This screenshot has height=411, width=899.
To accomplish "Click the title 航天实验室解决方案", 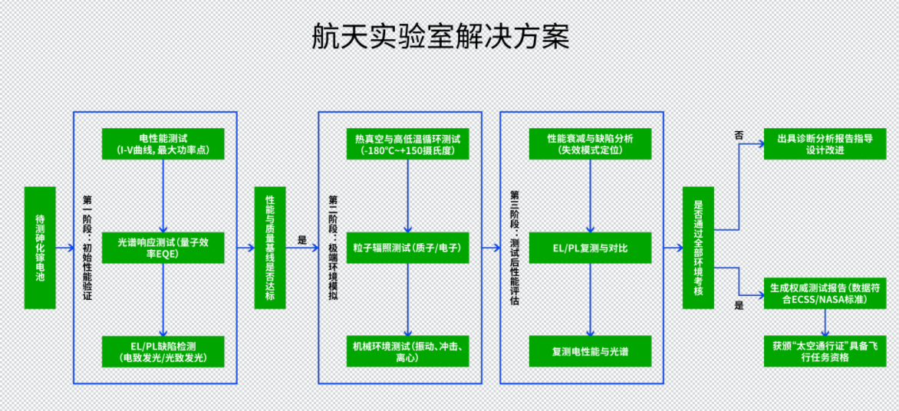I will (x=440, y=37).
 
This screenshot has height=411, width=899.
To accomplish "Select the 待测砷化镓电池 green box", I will (x=40, y=248).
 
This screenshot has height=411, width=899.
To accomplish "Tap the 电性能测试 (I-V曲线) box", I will (x=163, y=143).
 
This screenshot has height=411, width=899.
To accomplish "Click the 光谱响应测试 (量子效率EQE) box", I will (x=163, y=248).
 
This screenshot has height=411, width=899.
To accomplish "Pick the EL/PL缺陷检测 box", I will (x=163, y=351).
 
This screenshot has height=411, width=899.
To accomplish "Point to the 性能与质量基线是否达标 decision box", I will (x=270, y=248).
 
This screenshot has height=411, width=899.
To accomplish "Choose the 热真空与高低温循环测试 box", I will (x=407, y=143).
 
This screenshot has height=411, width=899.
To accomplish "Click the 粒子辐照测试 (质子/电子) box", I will (x=407, y=248).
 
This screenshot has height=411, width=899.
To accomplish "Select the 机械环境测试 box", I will (x=407, y=351).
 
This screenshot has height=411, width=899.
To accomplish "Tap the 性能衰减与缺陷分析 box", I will (x=590, y=143).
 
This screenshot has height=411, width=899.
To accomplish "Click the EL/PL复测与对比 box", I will (x=590, y=248).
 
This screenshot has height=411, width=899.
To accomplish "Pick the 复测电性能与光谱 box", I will (x=590, y=351).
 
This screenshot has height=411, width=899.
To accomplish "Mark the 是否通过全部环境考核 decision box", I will (x=698, y=248).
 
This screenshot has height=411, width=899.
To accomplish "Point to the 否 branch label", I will (x=739, y=135).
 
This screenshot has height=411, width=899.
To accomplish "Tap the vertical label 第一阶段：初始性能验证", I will (x=87, y=248).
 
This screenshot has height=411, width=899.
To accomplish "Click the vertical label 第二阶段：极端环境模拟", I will (x=332, y=248).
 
